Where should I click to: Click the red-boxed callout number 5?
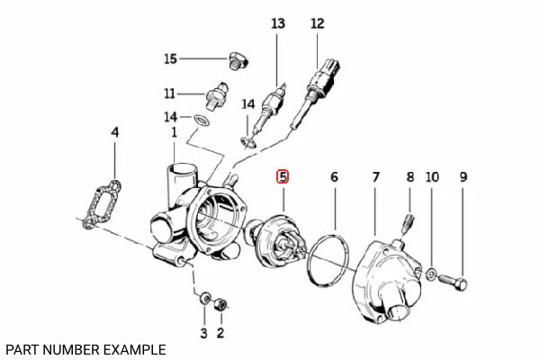point(283,176)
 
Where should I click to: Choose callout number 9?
point(464,178)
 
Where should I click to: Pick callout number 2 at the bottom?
point(221,334)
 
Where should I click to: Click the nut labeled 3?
point(204,299)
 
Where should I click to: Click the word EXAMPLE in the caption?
point(132,348)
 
